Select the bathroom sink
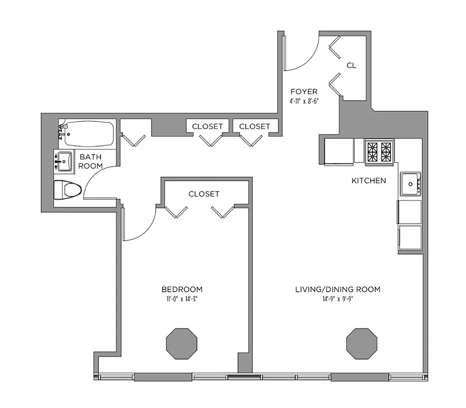[x=64, y=161]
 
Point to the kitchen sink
[x=410, y=184]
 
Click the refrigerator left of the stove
[x=339, y=151]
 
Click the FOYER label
[x=304, y=92]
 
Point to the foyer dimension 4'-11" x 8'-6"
[x=304, y=101]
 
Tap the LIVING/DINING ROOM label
[x=338, y=289]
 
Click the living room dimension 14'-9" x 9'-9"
[x=338, y=299]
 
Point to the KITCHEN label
[x=369, y=181]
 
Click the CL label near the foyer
[x=351, y=65]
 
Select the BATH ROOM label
[x=90, y=162]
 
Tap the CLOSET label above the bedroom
[x=204, y=194]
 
